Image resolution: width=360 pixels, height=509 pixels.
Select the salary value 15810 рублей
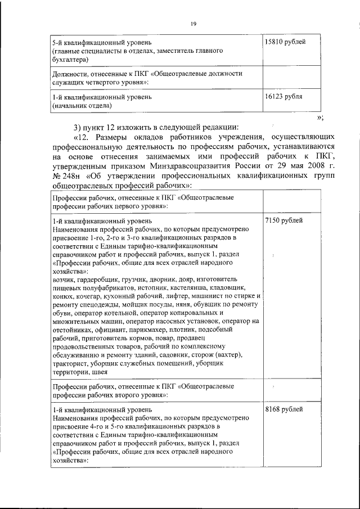(x=285, y=43)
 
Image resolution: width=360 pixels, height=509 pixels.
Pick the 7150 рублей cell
(x=283, y=221)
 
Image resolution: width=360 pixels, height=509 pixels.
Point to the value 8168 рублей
(x=283, y=409)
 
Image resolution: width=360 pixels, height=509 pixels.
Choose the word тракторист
(x=70, y=364)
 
